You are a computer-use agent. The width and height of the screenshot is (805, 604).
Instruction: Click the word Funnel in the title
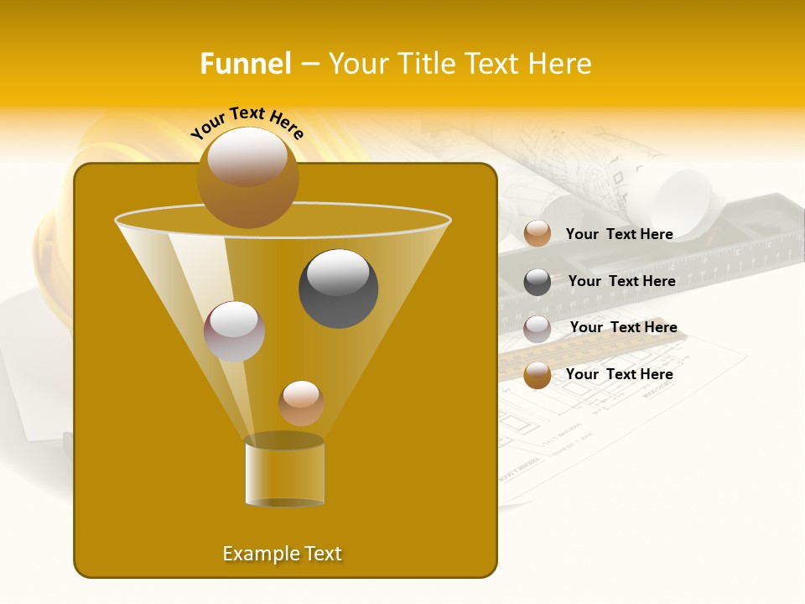tap(245, 64)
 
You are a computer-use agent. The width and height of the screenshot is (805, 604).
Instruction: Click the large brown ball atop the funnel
tap(247, 178)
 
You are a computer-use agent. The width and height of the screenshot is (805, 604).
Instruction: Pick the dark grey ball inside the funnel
tap(338, 289)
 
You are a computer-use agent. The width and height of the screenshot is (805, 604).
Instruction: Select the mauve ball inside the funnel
tap(234, 331)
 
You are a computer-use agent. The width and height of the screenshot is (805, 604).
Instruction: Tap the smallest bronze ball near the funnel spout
tap(301, 403)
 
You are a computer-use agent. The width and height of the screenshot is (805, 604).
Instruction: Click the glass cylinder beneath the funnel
tap(284, 471)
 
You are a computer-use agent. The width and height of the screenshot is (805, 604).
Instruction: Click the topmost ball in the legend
tap(538, 234)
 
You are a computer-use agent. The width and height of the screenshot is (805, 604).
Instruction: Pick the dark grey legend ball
tap(538, 282)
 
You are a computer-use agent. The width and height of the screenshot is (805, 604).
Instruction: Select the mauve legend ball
tap(538, 328)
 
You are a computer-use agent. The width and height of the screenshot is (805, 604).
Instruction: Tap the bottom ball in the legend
tap(538, 375)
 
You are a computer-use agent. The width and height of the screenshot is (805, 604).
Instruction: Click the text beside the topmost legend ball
tap(619, 234)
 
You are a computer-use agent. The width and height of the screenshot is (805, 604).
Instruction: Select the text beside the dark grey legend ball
tap(621, 281)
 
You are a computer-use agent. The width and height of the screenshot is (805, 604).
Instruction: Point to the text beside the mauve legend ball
tap(623, 327)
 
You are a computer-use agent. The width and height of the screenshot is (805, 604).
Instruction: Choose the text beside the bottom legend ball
tap(619, 374)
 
